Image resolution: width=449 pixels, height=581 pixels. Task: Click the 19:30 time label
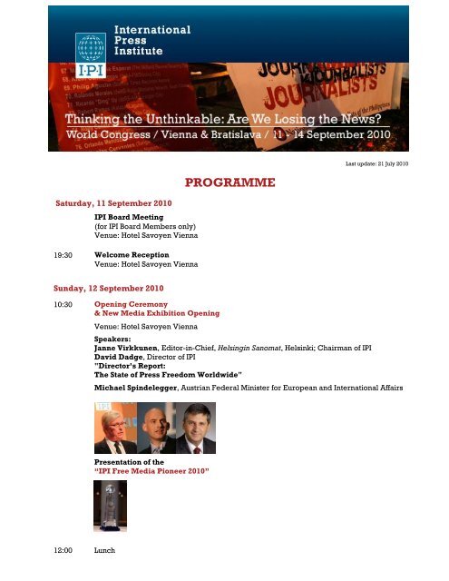click(x=63, y=256)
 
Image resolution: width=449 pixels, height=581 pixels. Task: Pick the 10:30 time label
click(x=63, y=304)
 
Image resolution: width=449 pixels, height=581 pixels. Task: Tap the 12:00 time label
click(x=63, y=549)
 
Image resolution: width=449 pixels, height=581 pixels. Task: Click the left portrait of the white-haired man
click(x=116, y=429)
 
